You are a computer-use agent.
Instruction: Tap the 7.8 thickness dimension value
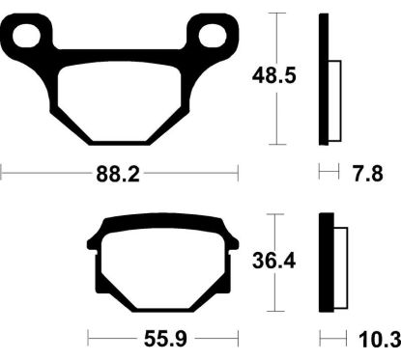point(367,174)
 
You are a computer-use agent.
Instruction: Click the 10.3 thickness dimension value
point(377,340)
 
